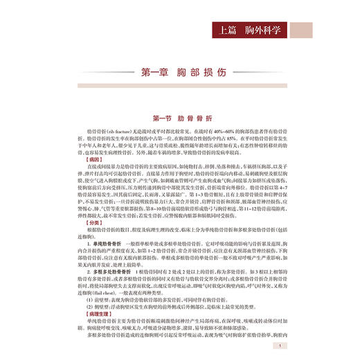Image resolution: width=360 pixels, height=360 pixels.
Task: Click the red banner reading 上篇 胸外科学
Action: click(277, 31)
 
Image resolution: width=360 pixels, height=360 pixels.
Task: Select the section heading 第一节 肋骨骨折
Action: click(180, 118)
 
